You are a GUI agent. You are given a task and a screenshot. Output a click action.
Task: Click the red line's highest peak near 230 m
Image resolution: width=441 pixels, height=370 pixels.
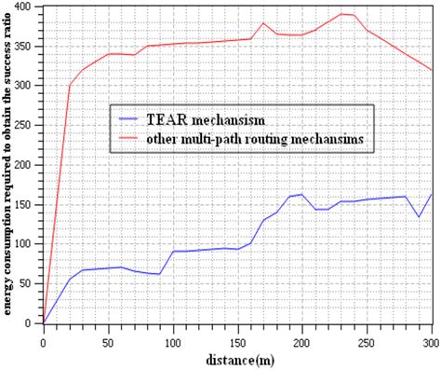click(342, 14)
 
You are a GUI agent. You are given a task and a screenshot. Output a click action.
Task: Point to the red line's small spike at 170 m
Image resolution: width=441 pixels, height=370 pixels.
click(264, 22)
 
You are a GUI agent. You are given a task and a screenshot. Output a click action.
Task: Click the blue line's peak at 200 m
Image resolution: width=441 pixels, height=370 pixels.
click(302, 195)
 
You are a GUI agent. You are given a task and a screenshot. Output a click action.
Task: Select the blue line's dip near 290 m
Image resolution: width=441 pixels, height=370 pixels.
click(420, 217)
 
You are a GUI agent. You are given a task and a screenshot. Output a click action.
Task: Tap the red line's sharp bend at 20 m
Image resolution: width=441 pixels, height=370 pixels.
click(70, 86)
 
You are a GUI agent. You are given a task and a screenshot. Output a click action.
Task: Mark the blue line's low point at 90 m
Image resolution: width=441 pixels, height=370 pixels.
click(160, 274)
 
